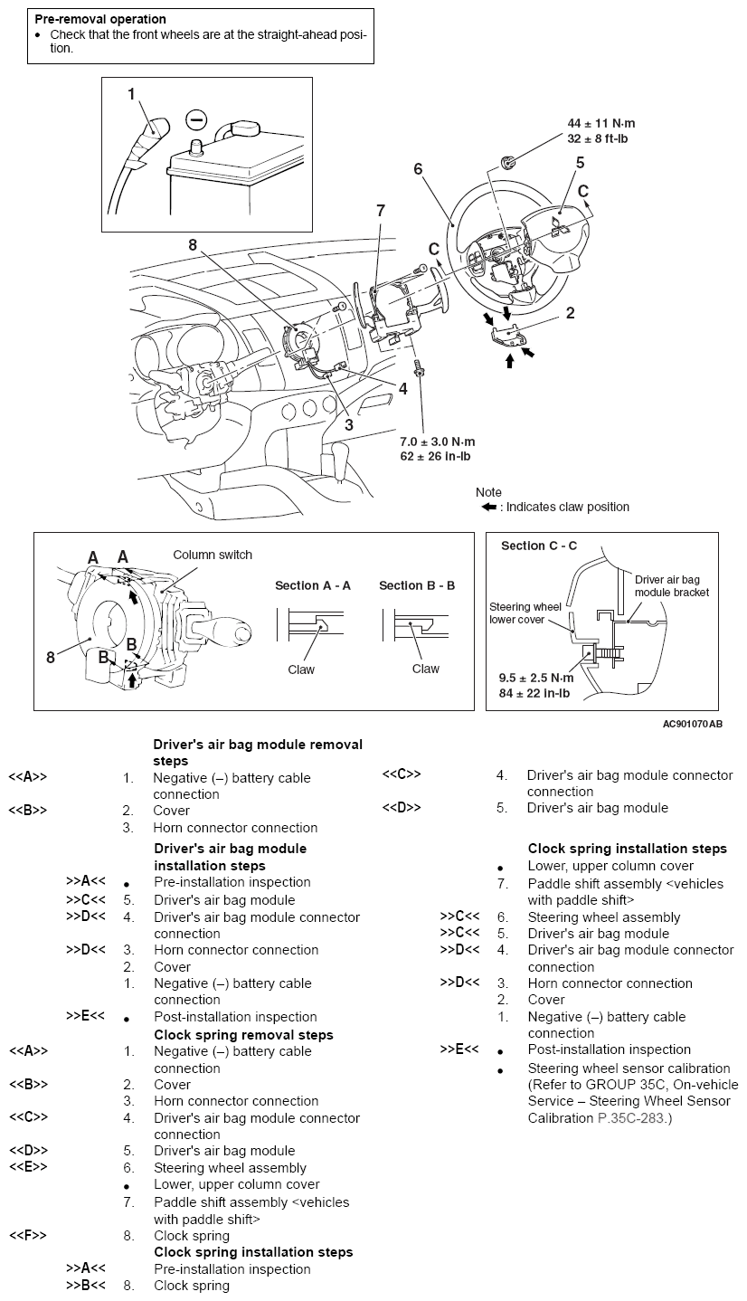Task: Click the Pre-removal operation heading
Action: (x=100, y=19)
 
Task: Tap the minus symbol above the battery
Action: (x=195, y=119)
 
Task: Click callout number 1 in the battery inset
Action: (x=132, y=93)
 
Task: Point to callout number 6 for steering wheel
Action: (x=418, y=169)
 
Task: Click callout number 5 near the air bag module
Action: (x=580, y=163)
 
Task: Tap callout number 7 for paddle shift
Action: (x=381, y=210)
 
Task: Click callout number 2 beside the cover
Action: (x=570, y=313)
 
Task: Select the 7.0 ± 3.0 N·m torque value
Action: (x=438, y=441)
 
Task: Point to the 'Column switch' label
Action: (x=213, y=555)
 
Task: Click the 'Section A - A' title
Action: (x=313, y=585)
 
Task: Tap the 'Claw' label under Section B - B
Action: (x=425, y=669)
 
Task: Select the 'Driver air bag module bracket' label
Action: (x=671, y=585)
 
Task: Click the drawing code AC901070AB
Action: (x=692, y=724)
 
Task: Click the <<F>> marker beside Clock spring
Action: (x=28, y=1235)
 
